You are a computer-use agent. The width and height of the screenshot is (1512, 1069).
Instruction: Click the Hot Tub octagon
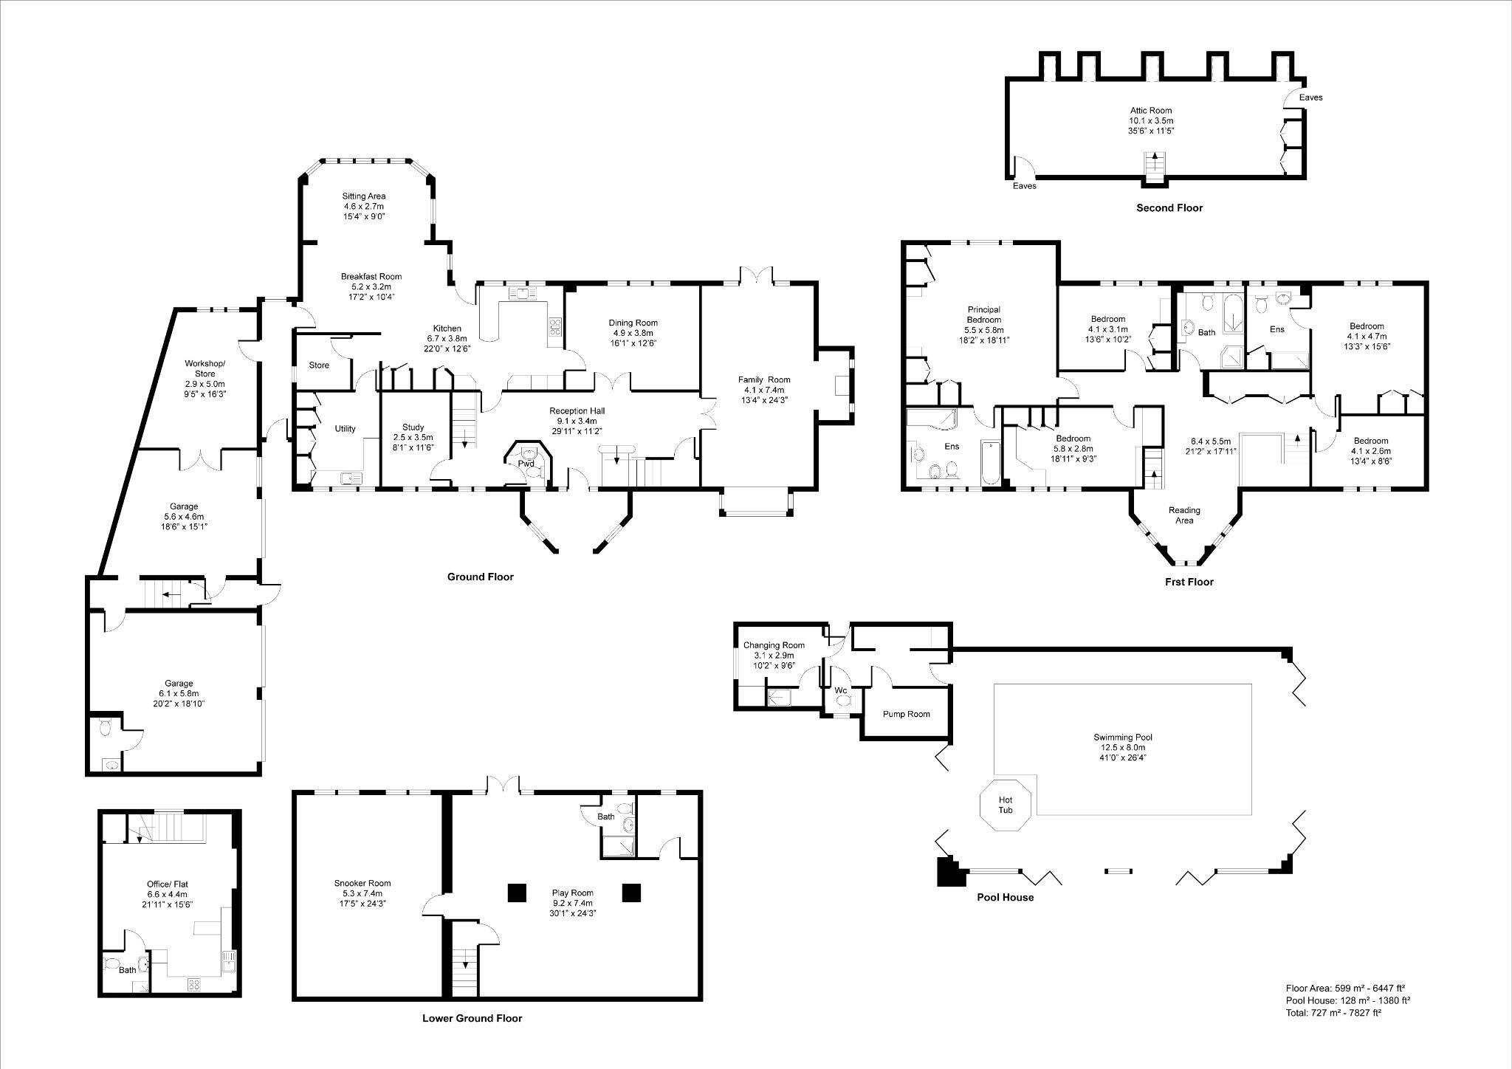click(x=1005, y=804)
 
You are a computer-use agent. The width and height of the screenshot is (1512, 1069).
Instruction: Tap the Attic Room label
click(x=1150, y=111)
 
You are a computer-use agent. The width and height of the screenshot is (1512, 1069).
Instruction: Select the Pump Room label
click(x=906, y=714)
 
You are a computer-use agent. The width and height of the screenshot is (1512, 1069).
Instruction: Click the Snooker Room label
click(x=362, y=883)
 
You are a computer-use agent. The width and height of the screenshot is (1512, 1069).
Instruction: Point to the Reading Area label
click(x=1184, y=515)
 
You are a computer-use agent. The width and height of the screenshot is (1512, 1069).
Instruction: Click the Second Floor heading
click(x=1169, y=208)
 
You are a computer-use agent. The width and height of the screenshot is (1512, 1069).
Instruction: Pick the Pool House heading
click(x=1005, y=898)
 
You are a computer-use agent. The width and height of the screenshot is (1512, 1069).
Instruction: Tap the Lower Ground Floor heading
click(x=472, y=1018)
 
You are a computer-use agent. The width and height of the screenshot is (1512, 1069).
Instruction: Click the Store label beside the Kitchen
click(x=319, y=365)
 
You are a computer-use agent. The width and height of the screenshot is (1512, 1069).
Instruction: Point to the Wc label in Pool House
click(x=840, y=691)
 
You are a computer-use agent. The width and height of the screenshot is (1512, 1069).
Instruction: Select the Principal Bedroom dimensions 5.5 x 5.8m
click(x=983, y=330)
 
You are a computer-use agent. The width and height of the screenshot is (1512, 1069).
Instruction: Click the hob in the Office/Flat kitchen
click(x=195, y=983)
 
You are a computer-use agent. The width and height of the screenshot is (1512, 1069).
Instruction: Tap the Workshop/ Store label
click(x=205, y=368)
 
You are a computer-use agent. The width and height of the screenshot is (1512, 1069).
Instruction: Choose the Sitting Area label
click(x=363, y=196)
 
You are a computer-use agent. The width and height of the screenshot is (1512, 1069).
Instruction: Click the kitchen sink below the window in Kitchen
click(x=523, y=294)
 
